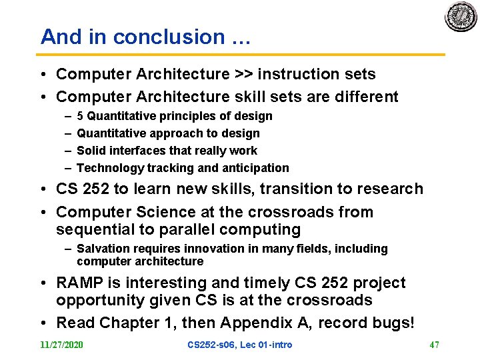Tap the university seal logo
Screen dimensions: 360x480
pos(461,17)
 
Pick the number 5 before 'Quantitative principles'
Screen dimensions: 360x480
pos(81,116)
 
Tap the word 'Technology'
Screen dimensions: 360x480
pos(110,168)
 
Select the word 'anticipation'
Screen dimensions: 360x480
pos(256,168)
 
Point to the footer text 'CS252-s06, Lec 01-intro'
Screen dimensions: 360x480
pos(239,345)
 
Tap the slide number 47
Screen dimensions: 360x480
pos(434,345)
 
